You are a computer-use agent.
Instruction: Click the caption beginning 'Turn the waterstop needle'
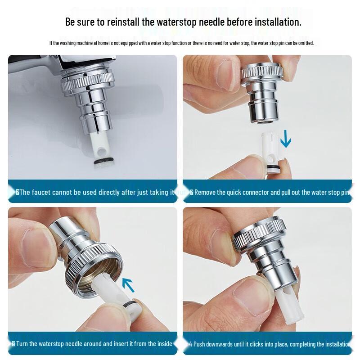coord(92,343)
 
